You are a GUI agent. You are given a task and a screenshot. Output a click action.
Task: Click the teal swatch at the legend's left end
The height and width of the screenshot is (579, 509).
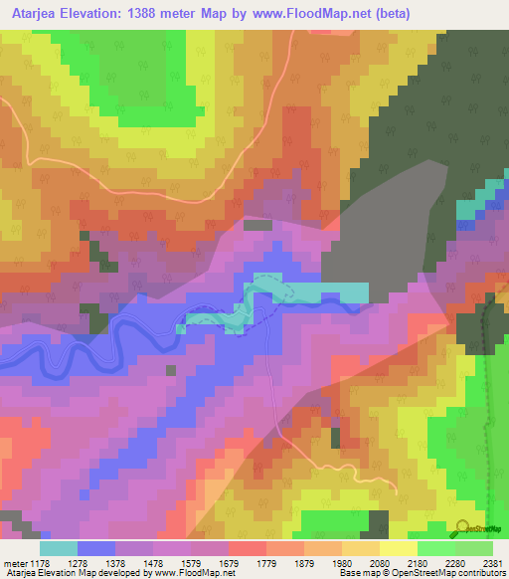click(x=59, y=548)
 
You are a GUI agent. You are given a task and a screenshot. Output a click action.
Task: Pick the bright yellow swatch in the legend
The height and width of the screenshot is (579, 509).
click(x=398, y=548)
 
